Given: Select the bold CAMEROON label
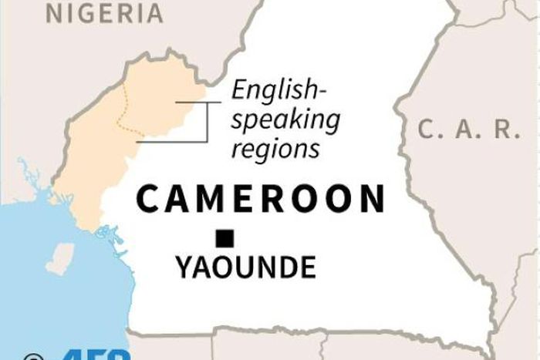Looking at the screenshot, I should (260, 199).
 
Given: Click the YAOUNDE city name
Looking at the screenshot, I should (245, 267).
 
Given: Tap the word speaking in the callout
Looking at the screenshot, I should (285, 121).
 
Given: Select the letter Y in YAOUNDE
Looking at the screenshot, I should (184, 267).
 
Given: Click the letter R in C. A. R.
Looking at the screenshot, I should (505, 130).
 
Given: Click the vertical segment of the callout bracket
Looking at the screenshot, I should (208, 121).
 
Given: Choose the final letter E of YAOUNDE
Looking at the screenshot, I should (307, 267).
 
